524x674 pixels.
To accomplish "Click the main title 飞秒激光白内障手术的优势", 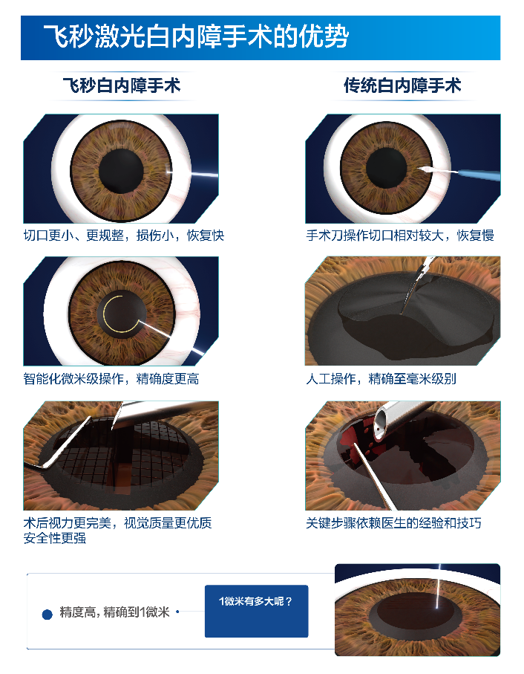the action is (x=196, y=36).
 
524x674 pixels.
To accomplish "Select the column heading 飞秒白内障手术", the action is (x=122, y=85).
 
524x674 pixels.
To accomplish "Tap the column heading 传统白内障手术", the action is (x=402, y=85).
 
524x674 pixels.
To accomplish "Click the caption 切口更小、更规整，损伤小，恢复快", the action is (x=124, y=236).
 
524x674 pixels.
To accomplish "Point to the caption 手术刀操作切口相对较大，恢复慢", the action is (x=400, y=236).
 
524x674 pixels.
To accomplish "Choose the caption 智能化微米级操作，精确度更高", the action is (x=111, y=379).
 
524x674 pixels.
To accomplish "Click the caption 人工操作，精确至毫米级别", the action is (x=381, y=379).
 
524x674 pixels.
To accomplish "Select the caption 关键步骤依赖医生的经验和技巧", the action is (x=393, y=522).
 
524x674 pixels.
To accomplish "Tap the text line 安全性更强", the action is (x=54, y=538).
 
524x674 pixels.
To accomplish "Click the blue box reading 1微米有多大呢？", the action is (x=256, y=611).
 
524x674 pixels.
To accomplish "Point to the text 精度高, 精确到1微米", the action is (x=114, y=612).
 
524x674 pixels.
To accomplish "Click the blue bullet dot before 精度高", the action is (x=48, y=615).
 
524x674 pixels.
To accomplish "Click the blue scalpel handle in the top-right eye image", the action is (x=479, y=175).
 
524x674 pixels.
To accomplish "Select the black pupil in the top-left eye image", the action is (x=121, y=171).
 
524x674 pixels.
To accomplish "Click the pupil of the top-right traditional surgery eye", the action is (x=386, y=168).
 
